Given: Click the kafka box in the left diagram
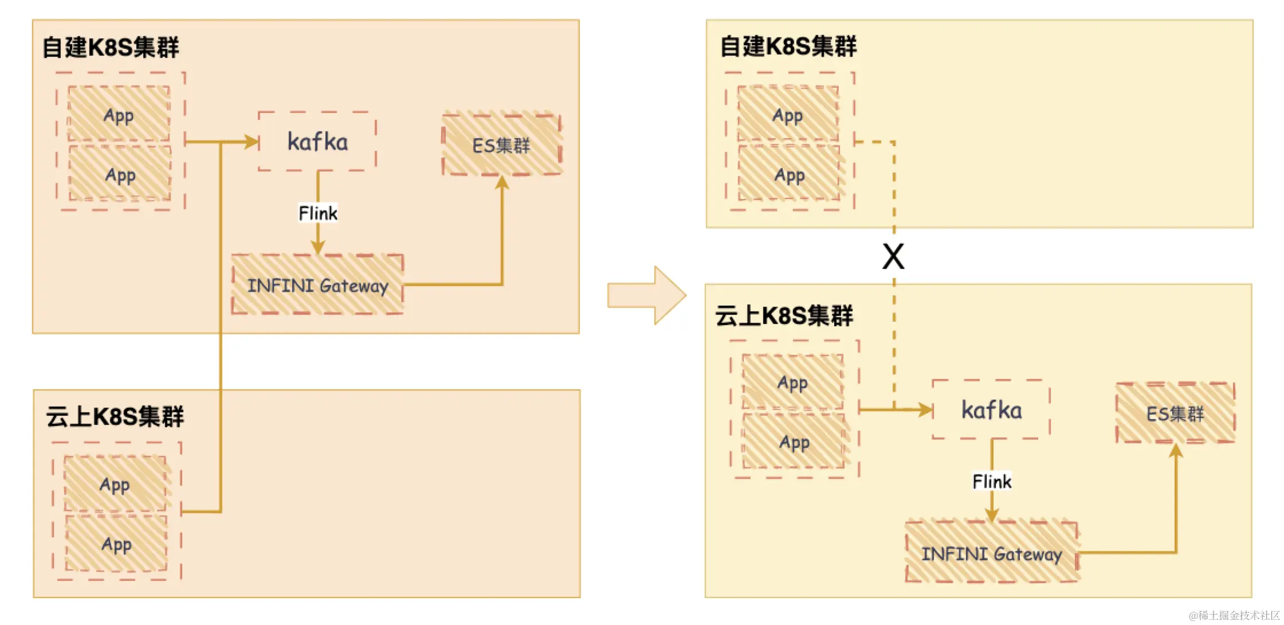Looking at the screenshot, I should point(317,142).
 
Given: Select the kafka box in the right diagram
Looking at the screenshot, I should point(991,410).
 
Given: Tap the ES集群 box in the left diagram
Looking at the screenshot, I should point(501,144).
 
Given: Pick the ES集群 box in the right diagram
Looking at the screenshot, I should point(1175,413).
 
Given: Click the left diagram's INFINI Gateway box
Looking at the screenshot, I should point(317,285).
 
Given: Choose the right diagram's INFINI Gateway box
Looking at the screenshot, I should point(991,553).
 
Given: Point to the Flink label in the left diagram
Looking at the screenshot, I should point(318,213).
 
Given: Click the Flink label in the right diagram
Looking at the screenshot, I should point(992,481).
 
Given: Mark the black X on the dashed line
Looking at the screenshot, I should point(893,256).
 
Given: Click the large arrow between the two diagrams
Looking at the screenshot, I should point(647,295).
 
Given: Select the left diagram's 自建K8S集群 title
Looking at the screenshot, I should point(111,47).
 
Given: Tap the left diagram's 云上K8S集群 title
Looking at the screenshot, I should point(115,416).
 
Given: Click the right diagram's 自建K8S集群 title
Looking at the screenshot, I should point(788,46).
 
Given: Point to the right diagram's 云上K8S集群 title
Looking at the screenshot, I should point(784,315).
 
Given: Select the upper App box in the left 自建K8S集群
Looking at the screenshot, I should point(119,114).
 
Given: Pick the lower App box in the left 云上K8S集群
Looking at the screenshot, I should point(116,544).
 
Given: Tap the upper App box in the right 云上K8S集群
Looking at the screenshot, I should point(792,382).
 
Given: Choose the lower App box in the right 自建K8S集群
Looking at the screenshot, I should point(789,174).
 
